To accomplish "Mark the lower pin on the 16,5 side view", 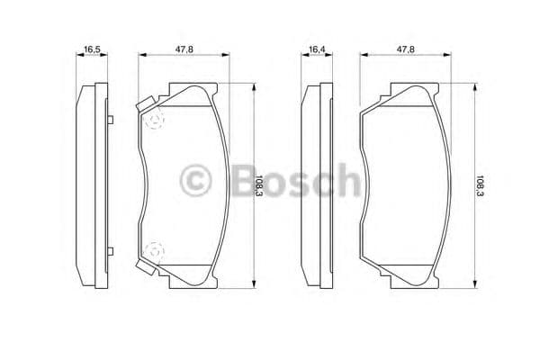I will click(107, 250).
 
